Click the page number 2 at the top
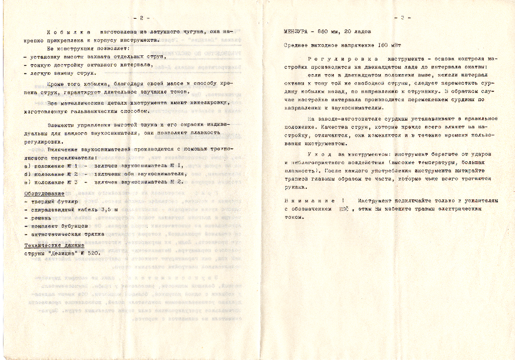139,18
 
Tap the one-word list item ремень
39,218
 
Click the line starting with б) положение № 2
100,174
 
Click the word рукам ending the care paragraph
296,188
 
